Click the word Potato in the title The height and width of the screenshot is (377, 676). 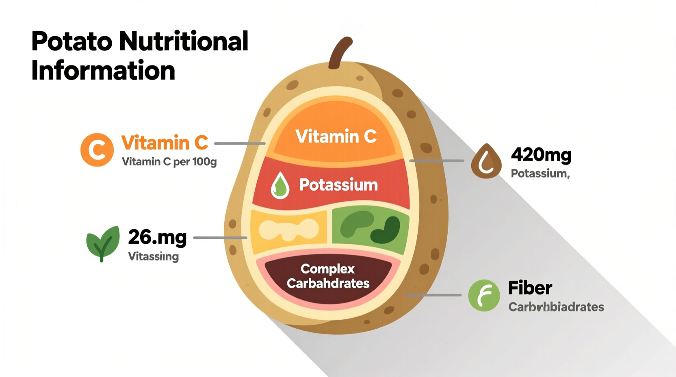[x=71, y=41]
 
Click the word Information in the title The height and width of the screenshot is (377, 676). [x=103, y=71]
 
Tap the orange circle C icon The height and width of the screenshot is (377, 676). [x=97, y=150]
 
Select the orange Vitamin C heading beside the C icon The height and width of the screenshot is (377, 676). [x=165, y=143]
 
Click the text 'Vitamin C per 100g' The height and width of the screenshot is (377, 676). [x=169, y=162]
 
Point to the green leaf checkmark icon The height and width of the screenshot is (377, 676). [x=103, y=243]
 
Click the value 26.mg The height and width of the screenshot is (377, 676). [x=157, y=237]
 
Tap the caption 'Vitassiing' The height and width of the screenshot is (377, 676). [x=153, y=257]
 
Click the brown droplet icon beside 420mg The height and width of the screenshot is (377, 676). [x=486, y=161]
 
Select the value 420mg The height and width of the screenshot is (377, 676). [x=541, y=155]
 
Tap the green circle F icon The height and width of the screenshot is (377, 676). [x=484, y=295]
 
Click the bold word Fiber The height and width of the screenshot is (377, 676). [x=530, y=288]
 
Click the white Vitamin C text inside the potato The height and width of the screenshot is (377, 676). [x=336, y=136]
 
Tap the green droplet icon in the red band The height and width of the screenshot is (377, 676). [x=280, y=186]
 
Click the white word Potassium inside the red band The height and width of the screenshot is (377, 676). [x=338, y=185]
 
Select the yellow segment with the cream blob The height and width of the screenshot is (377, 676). [x=288, y=230]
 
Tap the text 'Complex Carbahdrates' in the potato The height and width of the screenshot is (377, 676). [x=328, y=276]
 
